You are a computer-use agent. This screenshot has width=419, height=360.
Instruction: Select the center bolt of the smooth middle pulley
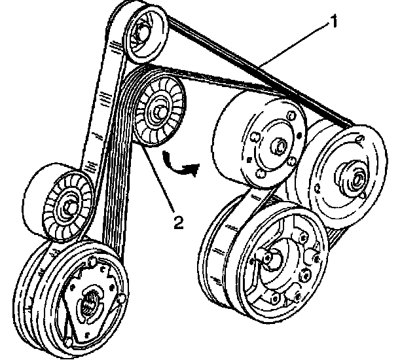280,145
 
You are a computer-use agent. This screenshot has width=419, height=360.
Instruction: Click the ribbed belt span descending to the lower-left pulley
118,196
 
